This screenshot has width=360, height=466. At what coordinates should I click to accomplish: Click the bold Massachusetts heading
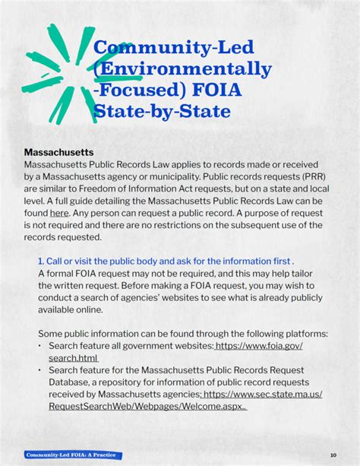click(x=58, y=152)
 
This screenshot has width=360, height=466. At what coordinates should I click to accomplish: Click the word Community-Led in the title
click(x=172, y=49)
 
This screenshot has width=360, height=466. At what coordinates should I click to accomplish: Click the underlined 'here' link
click(x=59, y=214)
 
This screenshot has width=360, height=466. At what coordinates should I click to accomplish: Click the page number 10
click(x=333, y=455)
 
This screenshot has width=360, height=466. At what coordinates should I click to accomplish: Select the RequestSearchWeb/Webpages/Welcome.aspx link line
click(x=147, y=407)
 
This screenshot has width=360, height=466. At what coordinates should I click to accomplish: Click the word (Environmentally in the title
click(x=182, y=70)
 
